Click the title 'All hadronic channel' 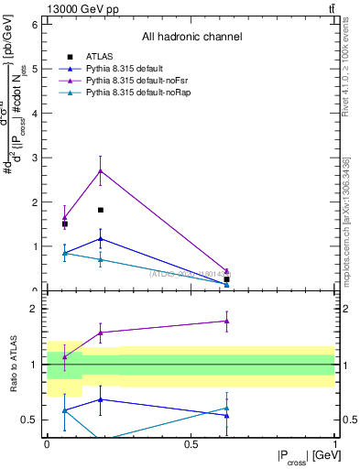191,38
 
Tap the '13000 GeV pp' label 77,8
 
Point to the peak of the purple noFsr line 101,170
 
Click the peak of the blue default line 101,238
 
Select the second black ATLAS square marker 101,210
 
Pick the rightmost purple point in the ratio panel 226,321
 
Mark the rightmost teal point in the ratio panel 226,409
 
